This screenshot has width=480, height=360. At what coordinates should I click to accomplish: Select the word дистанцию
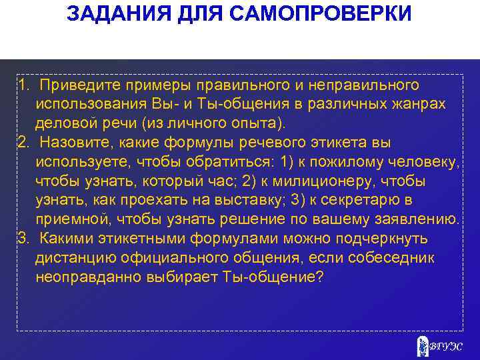coord(81,258)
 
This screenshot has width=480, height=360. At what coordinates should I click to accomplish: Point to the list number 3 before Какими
coord(23,239)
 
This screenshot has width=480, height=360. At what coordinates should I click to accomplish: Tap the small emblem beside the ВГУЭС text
coord(421,345)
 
